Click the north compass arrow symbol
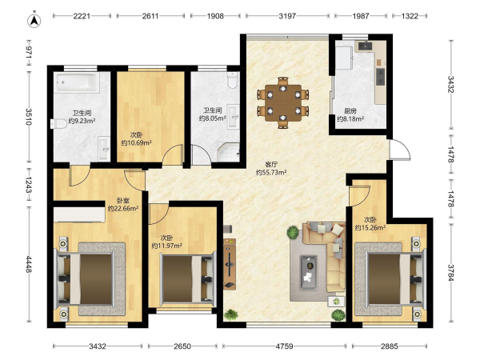coord(34,20)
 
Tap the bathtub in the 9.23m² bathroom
coord(78,82)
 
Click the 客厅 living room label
coord(271,164)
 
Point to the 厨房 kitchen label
coord(350,111)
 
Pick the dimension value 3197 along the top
coord(287,16)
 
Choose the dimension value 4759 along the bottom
coord(284,346)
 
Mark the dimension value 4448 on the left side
coord(28,265)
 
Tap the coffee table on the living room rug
coord(309,273)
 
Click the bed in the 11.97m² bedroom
coord(187,278)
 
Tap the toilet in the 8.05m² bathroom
coord(233,80)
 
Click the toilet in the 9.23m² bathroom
coord(58,123)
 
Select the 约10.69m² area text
coord(137,143)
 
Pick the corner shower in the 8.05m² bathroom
coord(229,152)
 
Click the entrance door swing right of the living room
coord(399,150)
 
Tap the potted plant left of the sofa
coord(293,233)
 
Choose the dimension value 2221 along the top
coord(82,16)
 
